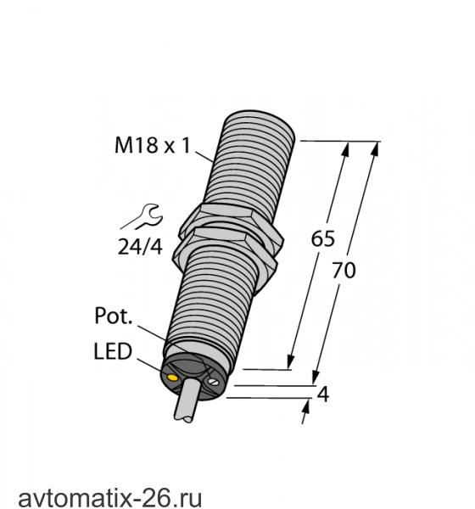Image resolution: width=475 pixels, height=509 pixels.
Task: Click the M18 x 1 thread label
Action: (153, 145)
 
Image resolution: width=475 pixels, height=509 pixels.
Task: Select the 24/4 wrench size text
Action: (140, 247)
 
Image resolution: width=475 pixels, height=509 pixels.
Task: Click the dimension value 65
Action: (322, 238)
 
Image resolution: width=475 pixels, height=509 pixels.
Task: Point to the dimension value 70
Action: (344, 271)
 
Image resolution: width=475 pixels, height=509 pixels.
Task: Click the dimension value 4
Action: (322, 394)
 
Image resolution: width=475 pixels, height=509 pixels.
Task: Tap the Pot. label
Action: (114, 316)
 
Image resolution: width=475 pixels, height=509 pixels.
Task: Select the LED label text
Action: (113, 351)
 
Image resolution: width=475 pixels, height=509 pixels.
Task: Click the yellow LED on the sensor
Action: (171, 378)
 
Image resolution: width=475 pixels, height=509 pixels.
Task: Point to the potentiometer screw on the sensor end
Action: (213, 381)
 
